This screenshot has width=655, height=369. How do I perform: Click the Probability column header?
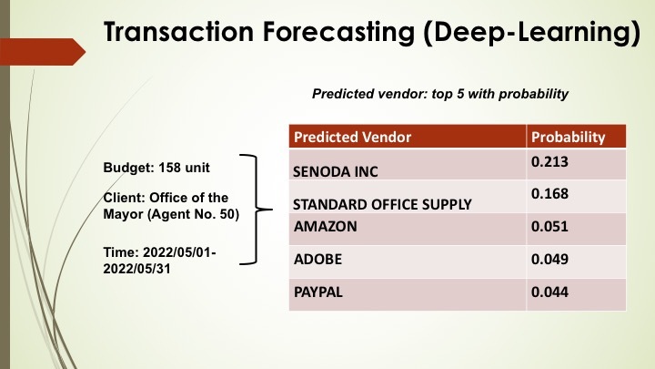(x=568, y=137)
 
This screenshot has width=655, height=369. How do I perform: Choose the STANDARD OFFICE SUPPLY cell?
(x=382, y=204)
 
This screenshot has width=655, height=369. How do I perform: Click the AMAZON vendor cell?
(x=324, y=225)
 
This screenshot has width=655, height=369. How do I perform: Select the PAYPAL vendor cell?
(x=318, y=293)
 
